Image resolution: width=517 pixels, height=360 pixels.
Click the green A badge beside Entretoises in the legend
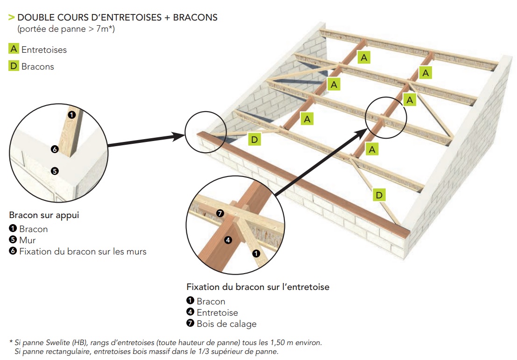point(14,49)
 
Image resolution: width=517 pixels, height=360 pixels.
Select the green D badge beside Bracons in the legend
point(14,66)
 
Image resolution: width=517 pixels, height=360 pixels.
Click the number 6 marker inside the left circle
point(55,149)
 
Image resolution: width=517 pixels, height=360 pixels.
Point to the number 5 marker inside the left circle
point(55,171)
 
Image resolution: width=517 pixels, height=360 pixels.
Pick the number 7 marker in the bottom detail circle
point(220,213)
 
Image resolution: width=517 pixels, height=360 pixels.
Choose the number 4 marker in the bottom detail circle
point(228,240)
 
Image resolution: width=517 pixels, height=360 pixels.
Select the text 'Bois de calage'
point(227,324)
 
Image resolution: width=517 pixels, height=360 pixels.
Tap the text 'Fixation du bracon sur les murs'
point(83,252)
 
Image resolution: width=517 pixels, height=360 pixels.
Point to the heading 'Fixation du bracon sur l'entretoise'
point(258,287)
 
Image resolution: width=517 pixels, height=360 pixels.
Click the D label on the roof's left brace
point(254,139)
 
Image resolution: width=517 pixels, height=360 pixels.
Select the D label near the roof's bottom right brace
point(379,195)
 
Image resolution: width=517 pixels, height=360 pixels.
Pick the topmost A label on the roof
point(364,57)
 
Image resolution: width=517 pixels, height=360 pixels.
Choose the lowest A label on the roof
point(372,149)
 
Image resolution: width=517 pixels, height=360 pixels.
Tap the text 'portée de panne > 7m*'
point(66,29)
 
